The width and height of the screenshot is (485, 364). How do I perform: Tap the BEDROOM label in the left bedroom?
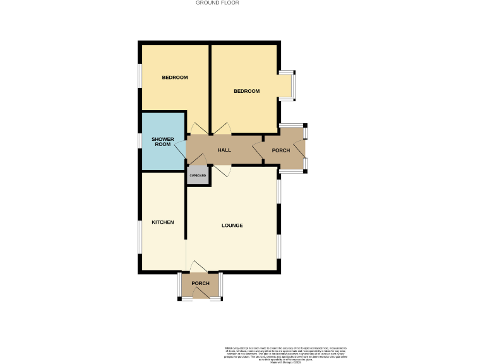[x=175, y=78]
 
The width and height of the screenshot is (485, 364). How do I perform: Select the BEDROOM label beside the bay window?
[x=246, y=91]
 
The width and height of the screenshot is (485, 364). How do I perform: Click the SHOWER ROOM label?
[x=163, y=142]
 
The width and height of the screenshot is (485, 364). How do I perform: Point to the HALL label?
[x=224, y=150]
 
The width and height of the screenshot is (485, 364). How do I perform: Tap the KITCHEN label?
[x=162, y=222]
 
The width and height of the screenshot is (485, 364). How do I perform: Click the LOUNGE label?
[x=232, y=226]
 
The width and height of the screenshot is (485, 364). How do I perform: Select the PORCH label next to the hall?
[x=281, y=150]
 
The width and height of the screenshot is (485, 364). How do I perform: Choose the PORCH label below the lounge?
[x=200, y=283]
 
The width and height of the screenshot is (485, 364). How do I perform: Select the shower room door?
[x=180, y=149]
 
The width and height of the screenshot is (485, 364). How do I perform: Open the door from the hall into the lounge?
[x=222, y=169]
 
